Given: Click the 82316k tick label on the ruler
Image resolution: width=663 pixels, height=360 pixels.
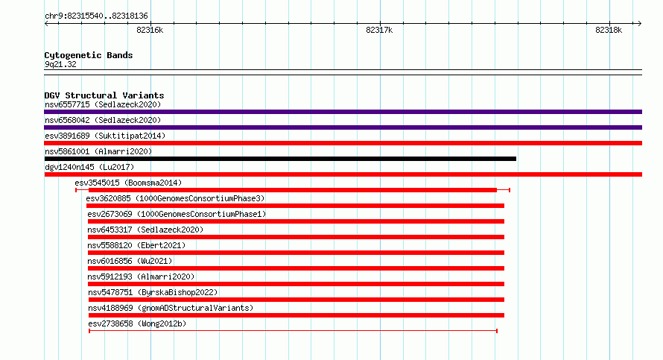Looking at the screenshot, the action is pos(150,30).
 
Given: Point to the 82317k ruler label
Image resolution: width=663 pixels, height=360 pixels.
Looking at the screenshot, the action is pos(379,30).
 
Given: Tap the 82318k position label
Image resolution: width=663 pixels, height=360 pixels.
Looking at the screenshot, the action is pos(609,30).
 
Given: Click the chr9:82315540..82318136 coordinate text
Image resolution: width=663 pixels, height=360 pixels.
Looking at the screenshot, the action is pos(96,16).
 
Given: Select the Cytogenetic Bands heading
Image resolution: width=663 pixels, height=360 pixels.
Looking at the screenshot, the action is pos(89,55).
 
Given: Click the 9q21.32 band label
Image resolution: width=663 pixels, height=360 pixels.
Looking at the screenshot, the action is pos(60,64).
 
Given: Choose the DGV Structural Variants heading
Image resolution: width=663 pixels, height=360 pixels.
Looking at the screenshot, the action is pos(104,95).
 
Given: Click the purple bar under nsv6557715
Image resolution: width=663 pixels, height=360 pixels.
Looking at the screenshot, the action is pos(343,112).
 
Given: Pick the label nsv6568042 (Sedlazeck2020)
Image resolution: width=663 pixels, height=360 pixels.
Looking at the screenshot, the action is pos(103,120).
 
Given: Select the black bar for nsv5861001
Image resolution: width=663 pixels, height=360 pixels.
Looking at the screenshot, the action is pos(280,159).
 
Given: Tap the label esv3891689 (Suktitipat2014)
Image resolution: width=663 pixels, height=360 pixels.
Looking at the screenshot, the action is pos(105,136).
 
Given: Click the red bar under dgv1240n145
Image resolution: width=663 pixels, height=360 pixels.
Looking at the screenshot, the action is pos(343,174).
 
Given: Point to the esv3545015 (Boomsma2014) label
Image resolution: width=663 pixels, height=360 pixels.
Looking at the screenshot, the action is pos(128,183).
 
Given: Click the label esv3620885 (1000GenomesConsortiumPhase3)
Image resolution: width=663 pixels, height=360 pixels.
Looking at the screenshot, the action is pos(175,198).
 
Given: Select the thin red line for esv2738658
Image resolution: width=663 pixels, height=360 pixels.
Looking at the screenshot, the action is pos(293,331).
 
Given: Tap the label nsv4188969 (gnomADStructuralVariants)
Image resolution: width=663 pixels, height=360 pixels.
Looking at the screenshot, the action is pos(171,308).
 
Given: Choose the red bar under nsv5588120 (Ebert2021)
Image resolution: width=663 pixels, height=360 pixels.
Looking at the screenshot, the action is pos(296,253).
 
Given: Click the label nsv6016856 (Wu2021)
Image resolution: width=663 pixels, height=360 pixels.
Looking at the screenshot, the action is pos(130,261).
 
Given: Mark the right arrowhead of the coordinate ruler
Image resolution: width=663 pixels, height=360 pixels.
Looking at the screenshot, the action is pos(640,24).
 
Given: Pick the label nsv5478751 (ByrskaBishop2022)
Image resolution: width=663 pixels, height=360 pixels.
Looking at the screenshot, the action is pos(153,292).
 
